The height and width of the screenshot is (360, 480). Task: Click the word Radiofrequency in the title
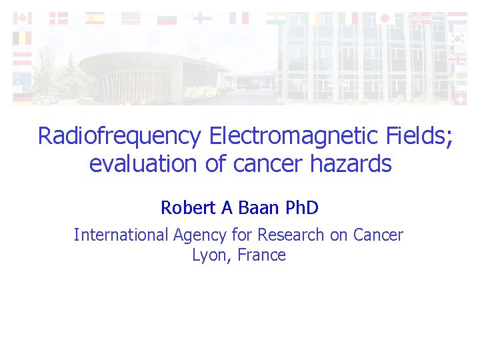point(119,136)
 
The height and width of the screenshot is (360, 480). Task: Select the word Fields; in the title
point(419,136)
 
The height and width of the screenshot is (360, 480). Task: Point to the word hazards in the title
point(351,163)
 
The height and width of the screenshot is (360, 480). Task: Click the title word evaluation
point(143,163)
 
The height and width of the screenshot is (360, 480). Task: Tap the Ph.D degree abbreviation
point(302,208)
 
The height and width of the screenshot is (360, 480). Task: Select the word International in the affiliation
point(121,235)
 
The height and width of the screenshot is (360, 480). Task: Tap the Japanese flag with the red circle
point(385,19)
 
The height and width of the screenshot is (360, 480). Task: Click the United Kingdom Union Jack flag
point(457,59)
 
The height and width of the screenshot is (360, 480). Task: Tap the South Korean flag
point(457,39)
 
